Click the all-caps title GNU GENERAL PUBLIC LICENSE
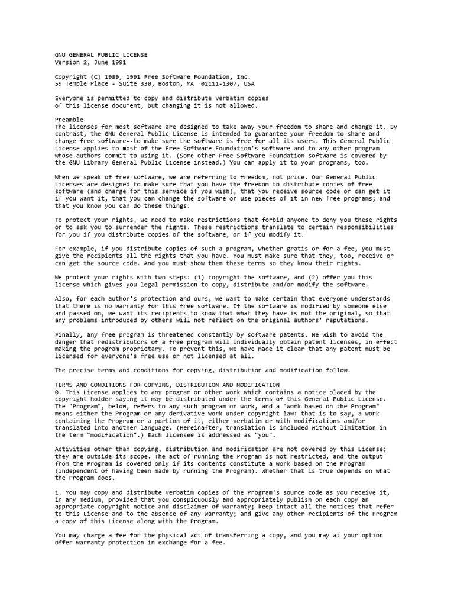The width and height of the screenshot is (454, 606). [101, 55]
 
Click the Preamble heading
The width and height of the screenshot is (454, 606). [69, 120]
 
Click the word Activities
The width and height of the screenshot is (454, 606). [73, 449]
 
